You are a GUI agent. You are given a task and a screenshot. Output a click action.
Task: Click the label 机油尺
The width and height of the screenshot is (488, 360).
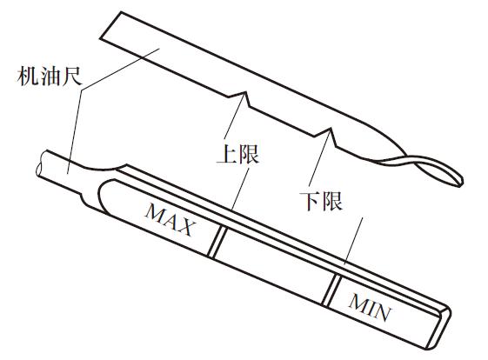[50, 77]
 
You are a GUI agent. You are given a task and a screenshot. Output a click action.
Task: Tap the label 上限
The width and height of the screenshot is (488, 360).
[237, 154]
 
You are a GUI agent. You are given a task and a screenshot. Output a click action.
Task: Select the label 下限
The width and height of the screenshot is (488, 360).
[321, 201]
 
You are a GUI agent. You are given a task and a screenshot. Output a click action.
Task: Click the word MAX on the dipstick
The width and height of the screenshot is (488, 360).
[170, 219]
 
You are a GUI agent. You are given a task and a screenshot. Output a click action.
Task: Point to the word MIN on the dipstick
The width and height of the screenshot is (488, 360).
[370, 307]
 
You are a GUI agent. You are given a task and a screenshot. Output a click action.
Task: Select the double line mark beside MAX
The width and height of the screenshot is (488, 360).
[217, 242]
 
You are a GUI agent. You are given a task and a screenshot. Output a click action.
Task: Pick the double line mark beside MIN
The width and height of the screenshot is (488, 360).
[331, 290]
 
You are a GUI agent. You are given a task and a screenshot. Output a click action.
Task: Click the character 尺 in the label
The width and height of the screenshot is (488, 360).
[72, 77]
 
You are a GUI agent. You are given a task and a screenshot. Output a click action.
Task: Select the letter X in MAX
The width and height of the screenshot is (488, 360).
[187, 227]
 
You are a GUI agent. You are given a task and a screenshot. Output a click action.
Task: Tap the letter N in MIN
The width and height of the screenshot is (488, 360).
[383, 312]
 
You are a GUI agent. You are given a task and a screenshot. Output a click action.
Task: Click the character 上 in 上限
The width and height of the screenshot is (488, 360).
[227, 154]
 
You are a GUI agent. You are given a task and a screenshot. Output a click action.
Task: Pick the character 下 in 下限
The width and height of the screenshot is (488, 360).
[310, 201]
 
